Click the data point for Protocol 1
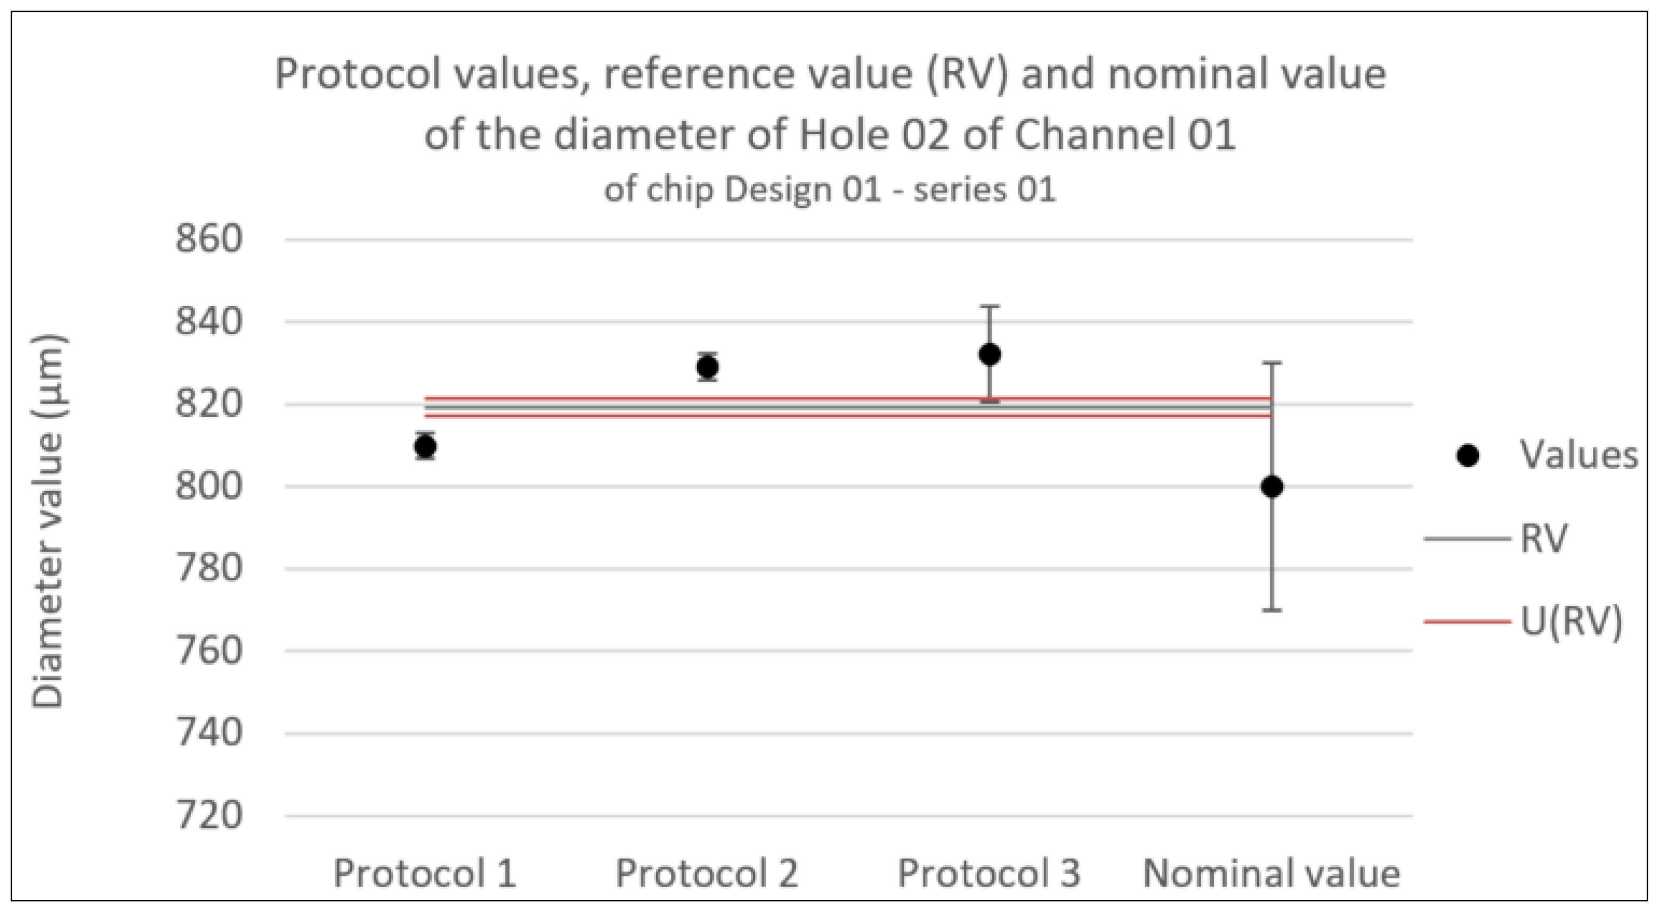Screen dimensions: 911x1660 (425, 446)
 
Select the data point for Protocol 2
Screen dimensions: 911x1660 (708, 367)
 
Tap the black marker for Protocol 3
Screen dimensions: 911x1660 (990, 354)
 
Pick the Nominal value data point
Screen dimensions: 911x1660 (1272, 487)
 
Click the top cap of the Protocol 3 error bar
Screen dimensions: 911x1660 (990, 307)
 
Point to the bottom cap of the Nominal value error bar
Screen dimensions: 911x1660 (1272, 610)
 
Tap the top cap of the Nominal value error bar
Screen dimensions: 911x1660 (1272, 363)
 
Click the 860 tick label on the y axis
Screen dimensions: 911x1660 (209, 239)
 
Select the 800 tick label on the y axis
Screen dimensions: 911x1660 (209, 486)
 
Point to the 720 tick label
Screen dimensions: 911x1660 (209, 816)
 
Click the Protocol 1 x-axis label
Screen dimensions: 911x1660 (425, 874)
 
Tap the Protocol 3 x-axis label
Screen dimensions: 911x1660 (989, 874)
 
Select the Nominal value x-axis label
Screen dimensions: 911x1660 (1272, 874)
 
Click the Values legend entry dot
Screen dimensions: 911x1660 (1467, 456)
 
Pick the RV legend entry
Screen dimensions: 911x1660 (1543, 538)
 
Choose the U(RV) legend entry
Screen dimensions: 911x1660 (1570, 622)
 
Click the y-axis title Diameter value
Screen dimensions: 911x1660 (48, 522)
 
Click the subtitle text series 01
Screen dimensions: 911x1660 (985, 190)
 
